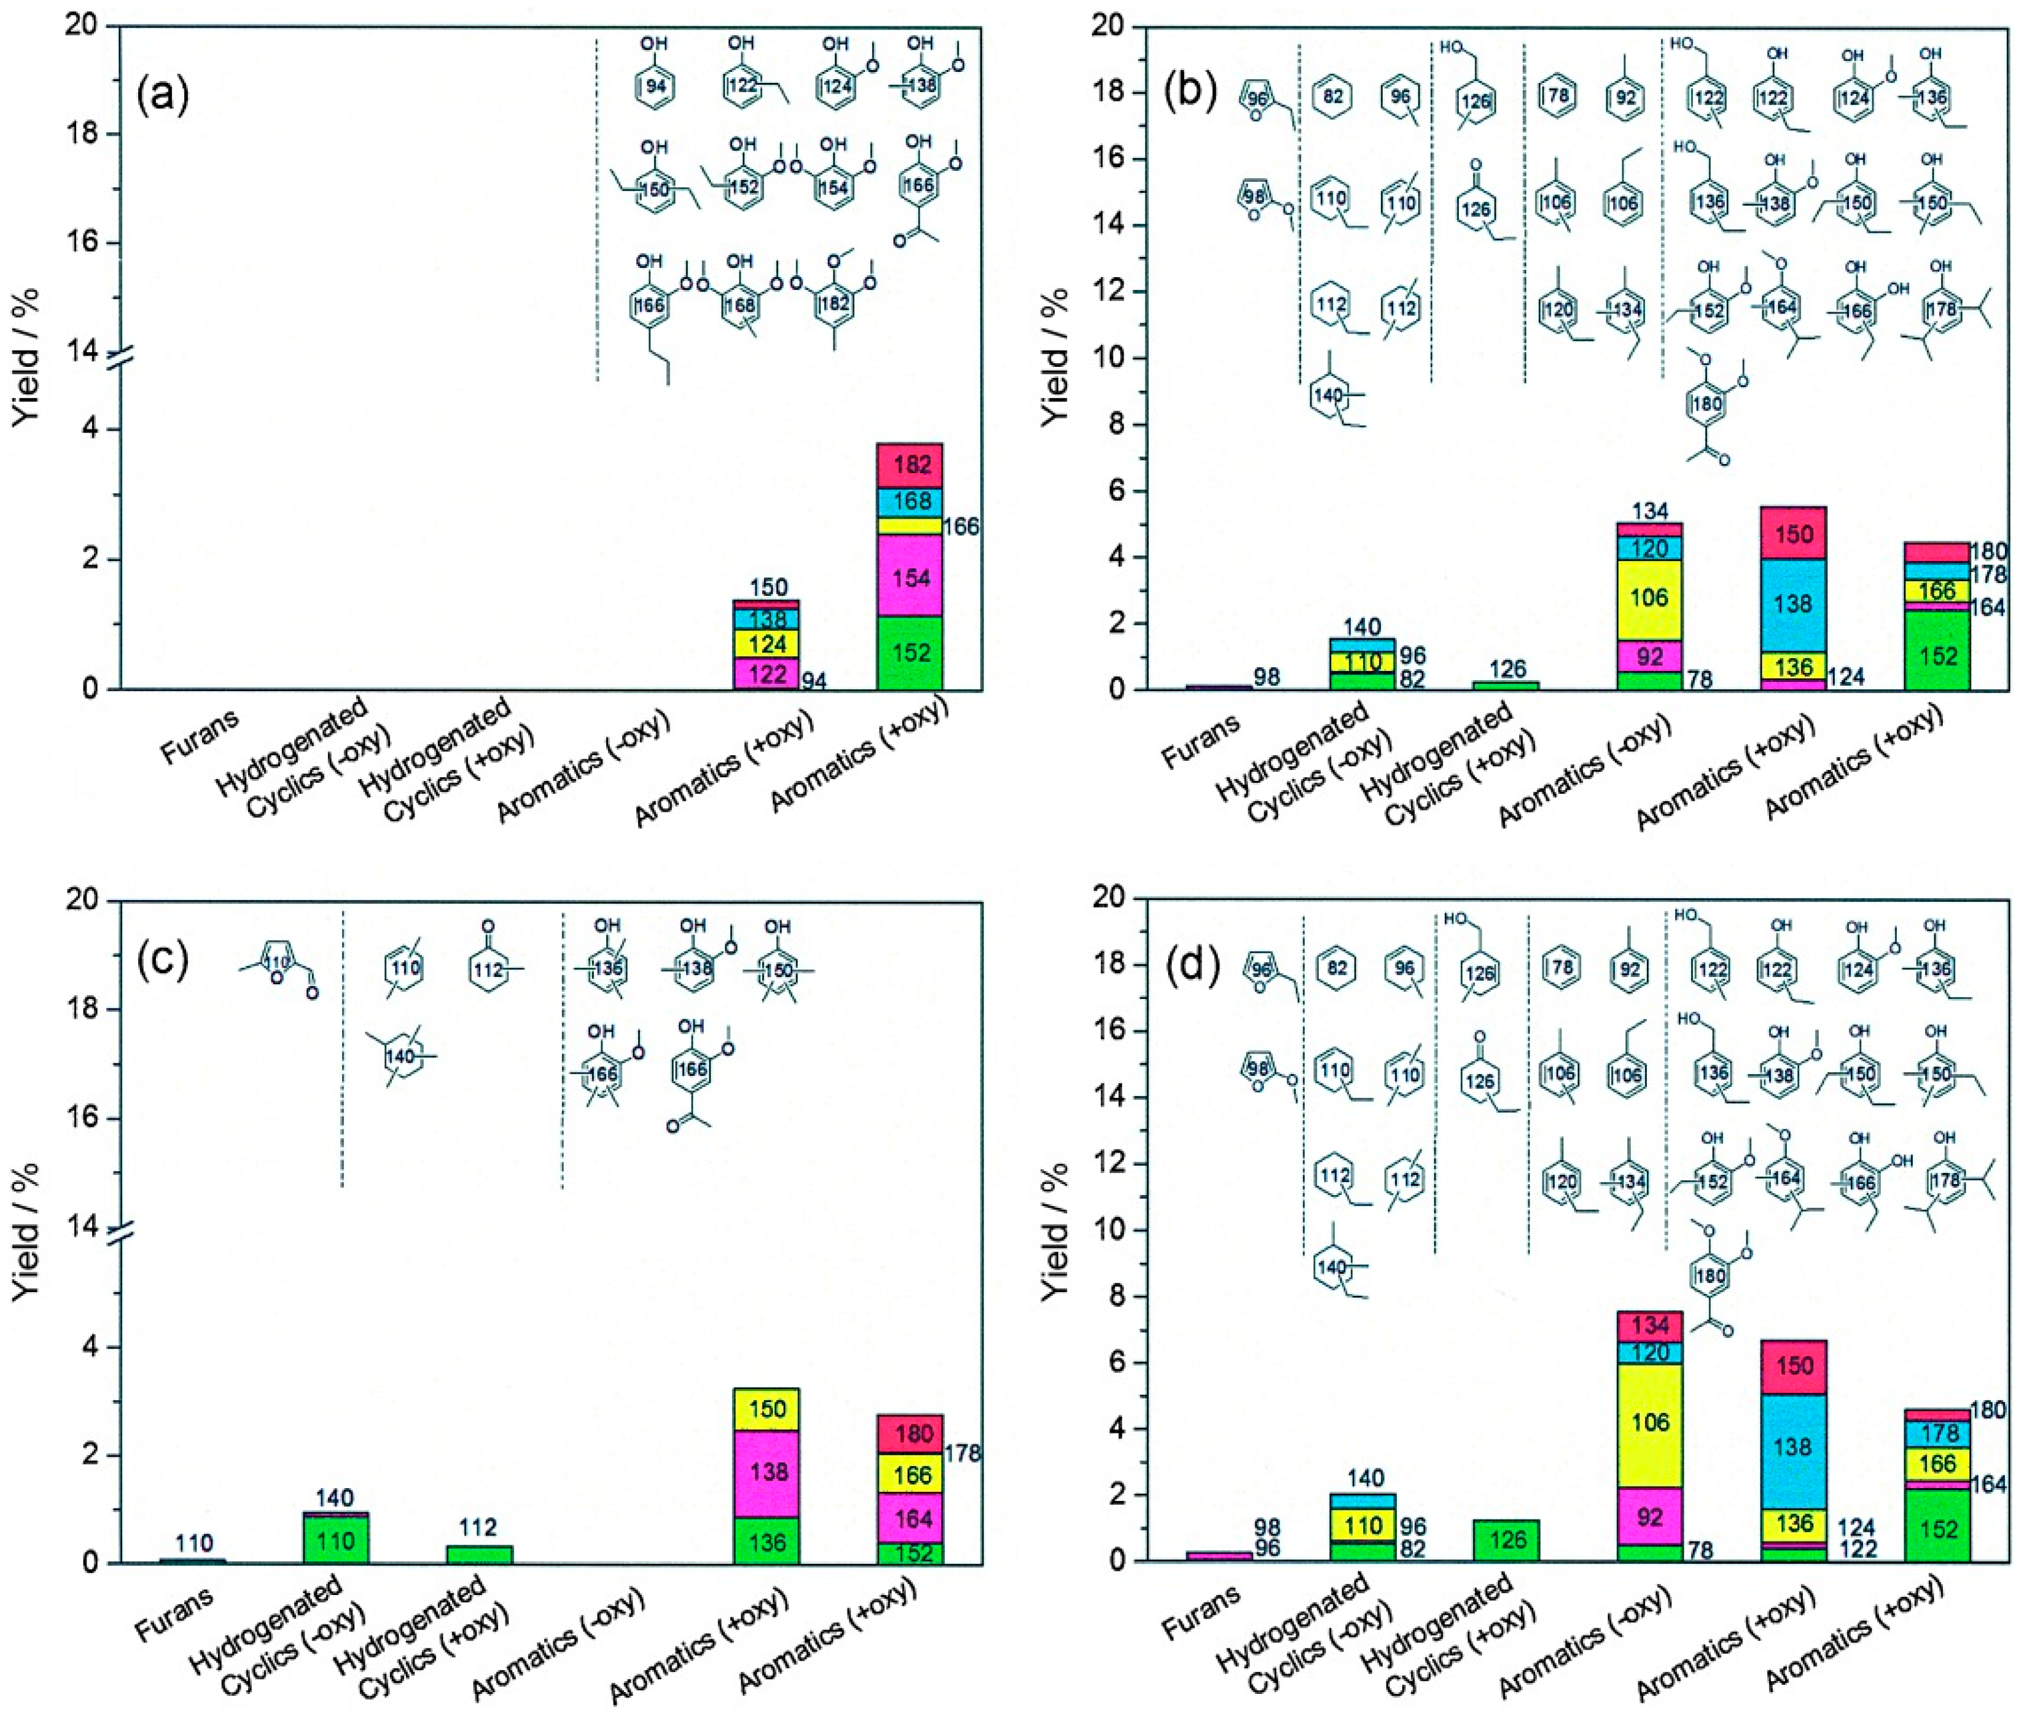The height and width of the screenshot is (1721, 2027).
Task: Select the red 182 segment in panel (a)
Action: coord(910,465)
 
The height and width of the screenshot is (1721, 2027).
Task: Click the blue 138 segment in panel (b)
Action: coord(1794,605)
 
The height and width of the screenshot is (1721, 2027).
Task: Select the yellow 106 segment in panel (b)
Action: coord(1649,598)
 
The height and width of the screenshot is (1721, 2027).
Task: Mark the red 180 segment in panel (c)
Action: coord(910,1434)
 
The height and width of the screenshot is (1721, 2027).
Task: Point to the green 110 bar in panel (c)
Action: coord(337,1542)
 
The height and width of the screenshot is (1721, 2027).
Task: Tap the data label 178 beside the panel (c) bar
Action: coord(963,1454)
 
